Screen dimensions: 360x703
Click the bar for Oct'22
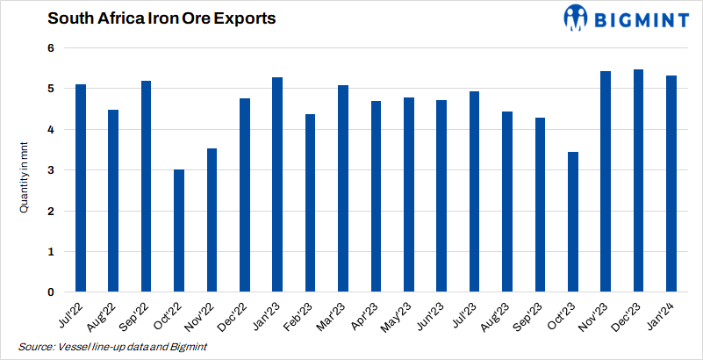point(179,231)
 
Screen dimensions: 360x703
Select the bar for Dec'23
point(638,181)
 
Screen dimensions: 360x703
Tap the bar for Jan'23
point(277,184)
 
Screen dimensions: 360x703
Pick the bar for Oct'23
point(572,222)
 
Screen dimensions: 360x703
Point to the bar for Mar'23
point(343,189)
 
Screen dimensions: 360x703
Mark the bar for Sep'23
point(540,205)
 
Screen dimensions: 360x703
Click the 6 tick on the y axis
point(51,48)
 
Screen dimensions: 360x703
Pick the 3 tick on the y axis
point(51,170)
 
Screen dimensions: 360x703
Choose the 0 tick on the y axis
point(51,292)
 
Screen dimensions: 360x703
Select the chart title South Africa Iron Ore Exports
point(137,18)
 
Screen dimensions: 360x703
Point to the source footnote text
point(112,347)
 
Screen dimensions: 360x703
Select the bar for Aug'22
point(113,201)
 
